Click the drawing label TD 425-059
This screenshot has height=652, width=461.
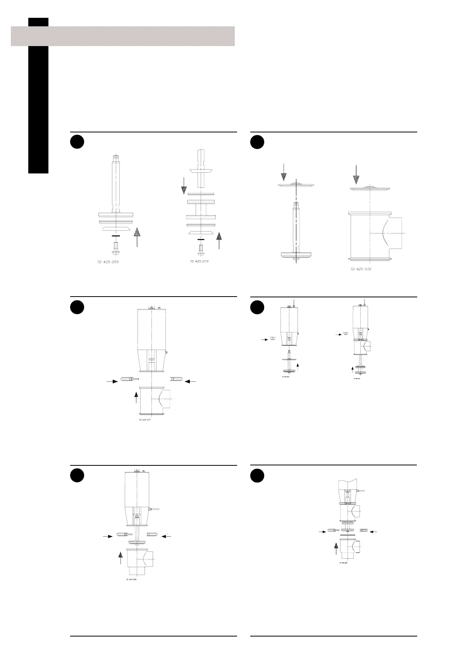[x=108, y=262]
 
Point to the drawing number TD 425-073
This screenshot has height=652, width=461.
[x=199, y=261]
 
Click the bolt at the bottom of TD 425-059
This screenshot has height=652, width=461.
[x=115, y=248]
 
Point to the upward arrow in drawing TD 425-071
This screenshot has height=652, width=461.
[x=136, y=397]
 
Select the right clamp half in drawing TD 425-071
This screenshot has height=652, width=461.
[x=176, y=378]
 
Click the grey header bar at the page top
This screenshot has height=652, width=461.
[x=123, y=36]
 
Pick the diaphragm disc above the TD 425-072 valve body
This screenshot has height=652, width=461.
[x=370, y=189]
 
